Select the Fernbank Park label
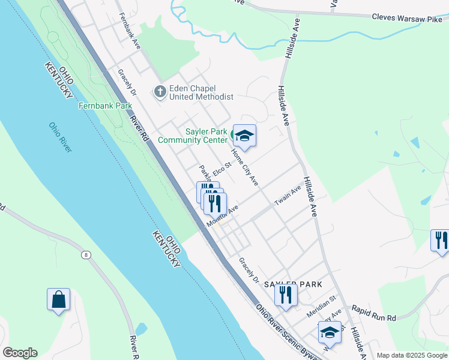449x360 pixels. click(105, 106)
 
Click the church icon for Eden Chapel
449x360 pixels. click(160, 92)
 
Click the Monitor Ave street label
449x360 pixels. click(223, 216)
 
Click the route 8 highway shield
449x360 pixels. click(88, 255)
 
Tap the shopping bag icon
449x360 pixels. click(59, 299)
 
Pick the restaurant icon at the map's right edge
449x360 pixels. click(440, 240)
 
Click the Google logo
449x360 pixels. click(20, 353)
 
